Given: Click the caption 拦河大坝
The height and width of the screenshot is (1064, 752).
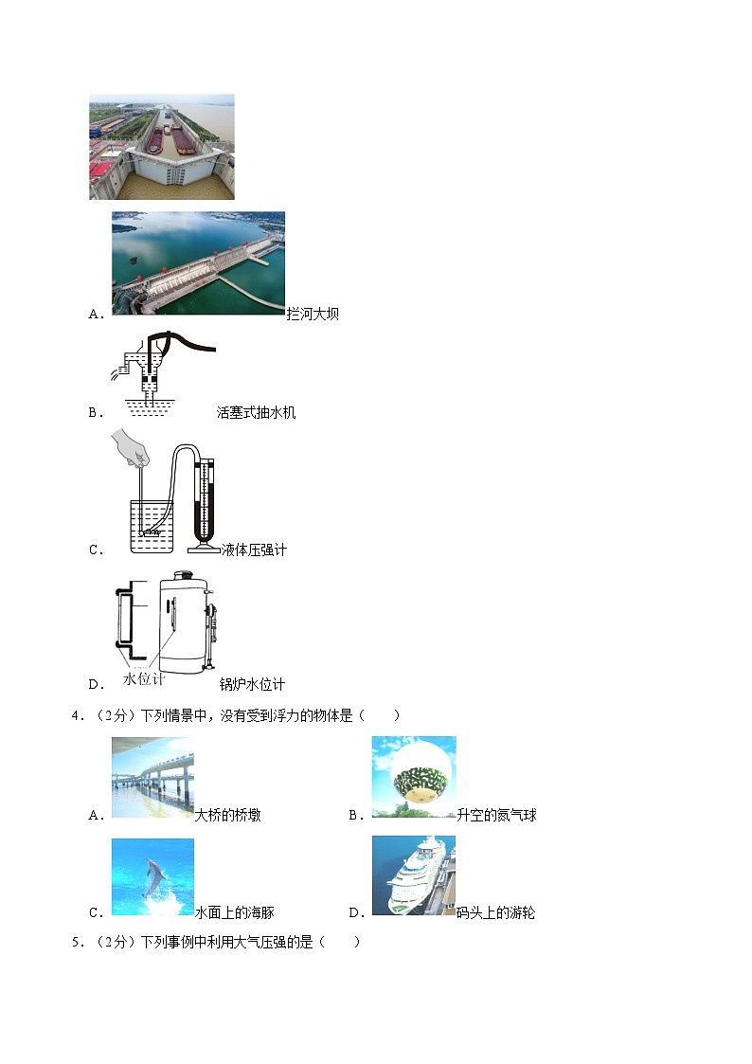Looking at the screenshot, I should pyautogui.click(x=313, y=314).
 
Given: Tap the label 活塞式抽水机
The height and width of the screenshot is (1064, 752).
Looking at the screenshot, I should pyautogui.click(x=256, y=412).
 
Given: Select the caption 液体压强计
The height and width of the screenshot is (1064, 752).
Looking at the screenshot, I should pyautogui.click(x=253, y=550).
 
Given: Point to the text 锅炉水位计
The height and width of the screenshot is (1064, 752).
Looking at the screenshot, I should pyautogui.click(x=252, y=684).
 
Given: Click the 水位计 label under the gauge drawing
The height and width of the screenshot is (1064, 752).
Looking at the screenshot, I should pyautogui.click(x=144, y=678).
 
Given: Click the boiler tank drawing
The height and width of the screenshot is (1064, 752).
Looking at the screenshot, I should pyautogui.click(x=182, y=621).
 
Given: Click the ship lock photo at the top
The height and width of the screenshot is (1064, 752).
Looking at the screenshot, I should pyautogui.click(x=161, y=146).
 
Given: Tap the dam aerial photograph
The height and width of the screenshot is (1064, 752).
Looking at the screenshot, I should pyautogui.click(x=198, y=262).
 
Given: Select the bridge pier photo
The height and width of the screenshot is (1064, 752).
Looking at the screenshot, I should pyautogui.click(x=152, y=777).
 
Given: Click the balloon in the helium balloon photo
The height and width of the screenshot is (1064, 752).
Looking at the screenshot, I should pyautogui.click(x=414, y=775).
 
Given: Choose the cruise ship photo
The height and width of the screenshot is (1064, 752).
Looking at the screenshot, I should pyautogui.click(x=413, y=875).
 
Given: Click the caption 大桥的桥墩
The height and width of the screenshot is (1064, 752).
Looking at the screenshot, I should pyautogui.click(x=227, y=815).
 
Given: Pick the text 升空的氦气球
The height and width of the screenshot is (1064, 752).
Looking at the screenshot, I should pyautogui.click(x=496, y=815).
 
